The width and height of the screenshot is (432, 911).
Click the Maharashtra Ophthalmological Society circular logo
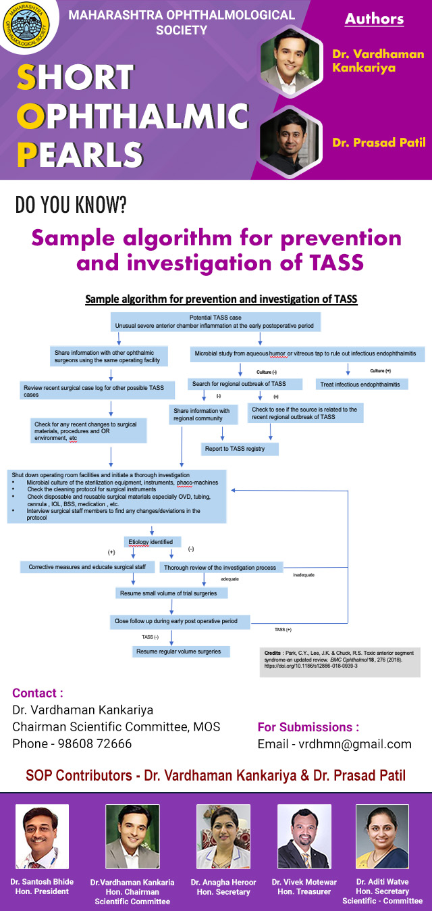[x=26, y=29]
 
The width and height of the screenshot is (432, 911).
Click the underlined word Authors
[x=374, y=19]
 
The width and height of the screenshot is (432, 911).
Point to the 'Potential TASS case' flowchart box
[x=215, y=321]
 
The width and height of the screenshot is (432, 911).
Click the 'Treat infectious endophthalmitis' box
[x=360, y=384]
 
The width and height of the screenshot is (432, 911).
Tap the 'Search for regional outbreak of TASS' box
[x=238, y=384]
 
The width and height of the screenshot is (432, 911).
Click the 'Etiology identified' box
[x=151, y=541]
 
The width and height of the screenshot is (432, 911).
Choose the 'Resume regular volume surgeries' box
[x=180, y=651]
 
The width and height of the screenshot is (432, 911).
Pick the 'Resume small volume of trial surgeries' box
[x=171, y=593]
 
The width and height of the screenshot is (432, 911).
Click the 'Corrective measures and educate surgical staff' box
[x=87, y=566]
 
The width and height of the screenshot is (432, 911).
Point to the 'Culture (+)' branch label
[x=380, y=371]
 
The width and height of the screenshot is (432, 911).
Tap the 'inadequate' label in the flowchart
[x=304, y=575]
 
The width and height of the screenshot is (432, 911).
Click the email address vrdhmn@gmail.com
[x=334, y=744]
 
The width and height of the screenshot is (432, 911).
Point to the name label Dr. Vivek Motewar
[x=305, y=882]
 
